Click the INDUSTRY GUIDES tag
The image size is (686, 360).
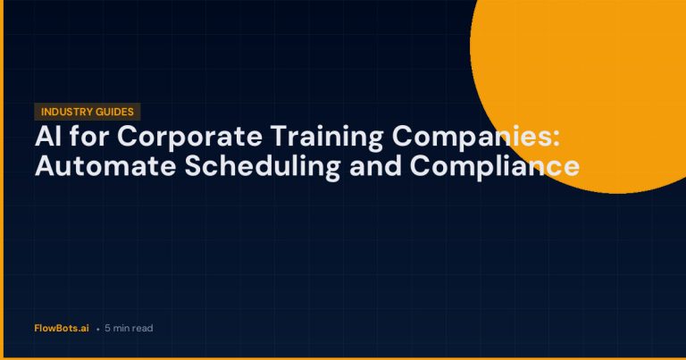[88, 112]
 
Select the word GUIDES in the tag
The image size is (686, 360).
[116, 112]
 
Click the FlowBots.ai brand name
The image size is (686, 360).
[62, 328]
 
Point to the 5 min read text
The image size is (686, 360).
[129, 328]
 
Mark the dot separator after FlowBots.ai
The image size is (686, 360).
[96, 329]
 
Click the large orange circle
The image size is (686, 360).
[590, 80]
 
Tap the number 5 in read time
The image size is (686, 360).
[107, 328]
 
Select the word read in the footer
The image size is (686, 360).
[142, 328]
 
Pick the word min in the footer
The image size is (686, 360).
[121, 328]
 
